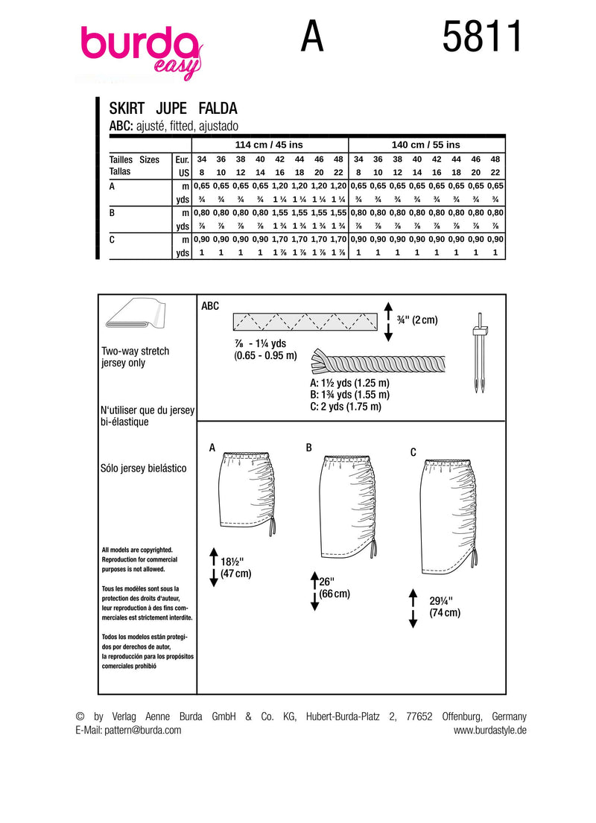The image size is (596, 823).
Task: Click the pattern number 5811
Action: pos(482,36)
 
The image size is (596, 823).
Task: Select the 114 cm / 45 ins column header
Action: pos(270,144)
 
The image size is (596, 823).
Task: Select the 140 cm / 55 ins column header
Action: pos(426,144)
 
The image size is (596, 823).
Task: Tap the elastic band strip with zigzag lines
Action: pos(305,322)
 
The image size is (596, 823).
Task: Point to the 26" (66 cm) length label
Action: pos(333,588)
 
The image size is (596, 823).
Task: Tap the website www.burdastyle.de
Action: pos(489,731)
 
